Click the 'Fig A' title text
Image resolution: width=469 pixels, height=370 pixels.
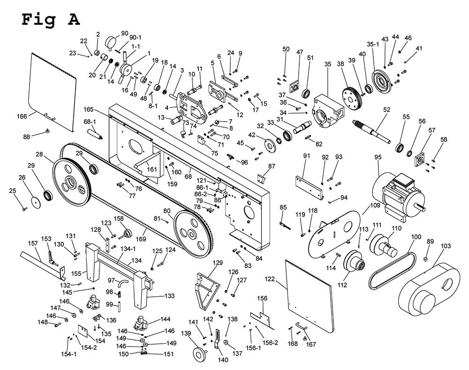pyautogui.click(x=51, y=20)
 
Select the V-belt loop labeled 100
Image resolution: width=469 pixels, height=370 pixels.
pyautogui.click(x=392, y=271)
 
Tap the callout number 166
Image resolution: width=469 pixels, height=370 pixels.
pyautogui.click(x=22, y=116)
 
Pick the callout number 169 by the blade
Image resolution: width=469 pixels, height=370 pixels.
pyautogui.click(x=141, y=239)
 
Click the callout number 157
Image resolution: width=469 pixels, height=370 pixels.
pyautogui.click(x=33, y=243)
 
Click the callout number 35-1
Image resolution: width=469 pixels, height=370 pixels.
pyautogui.click(x=373, y=44)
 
